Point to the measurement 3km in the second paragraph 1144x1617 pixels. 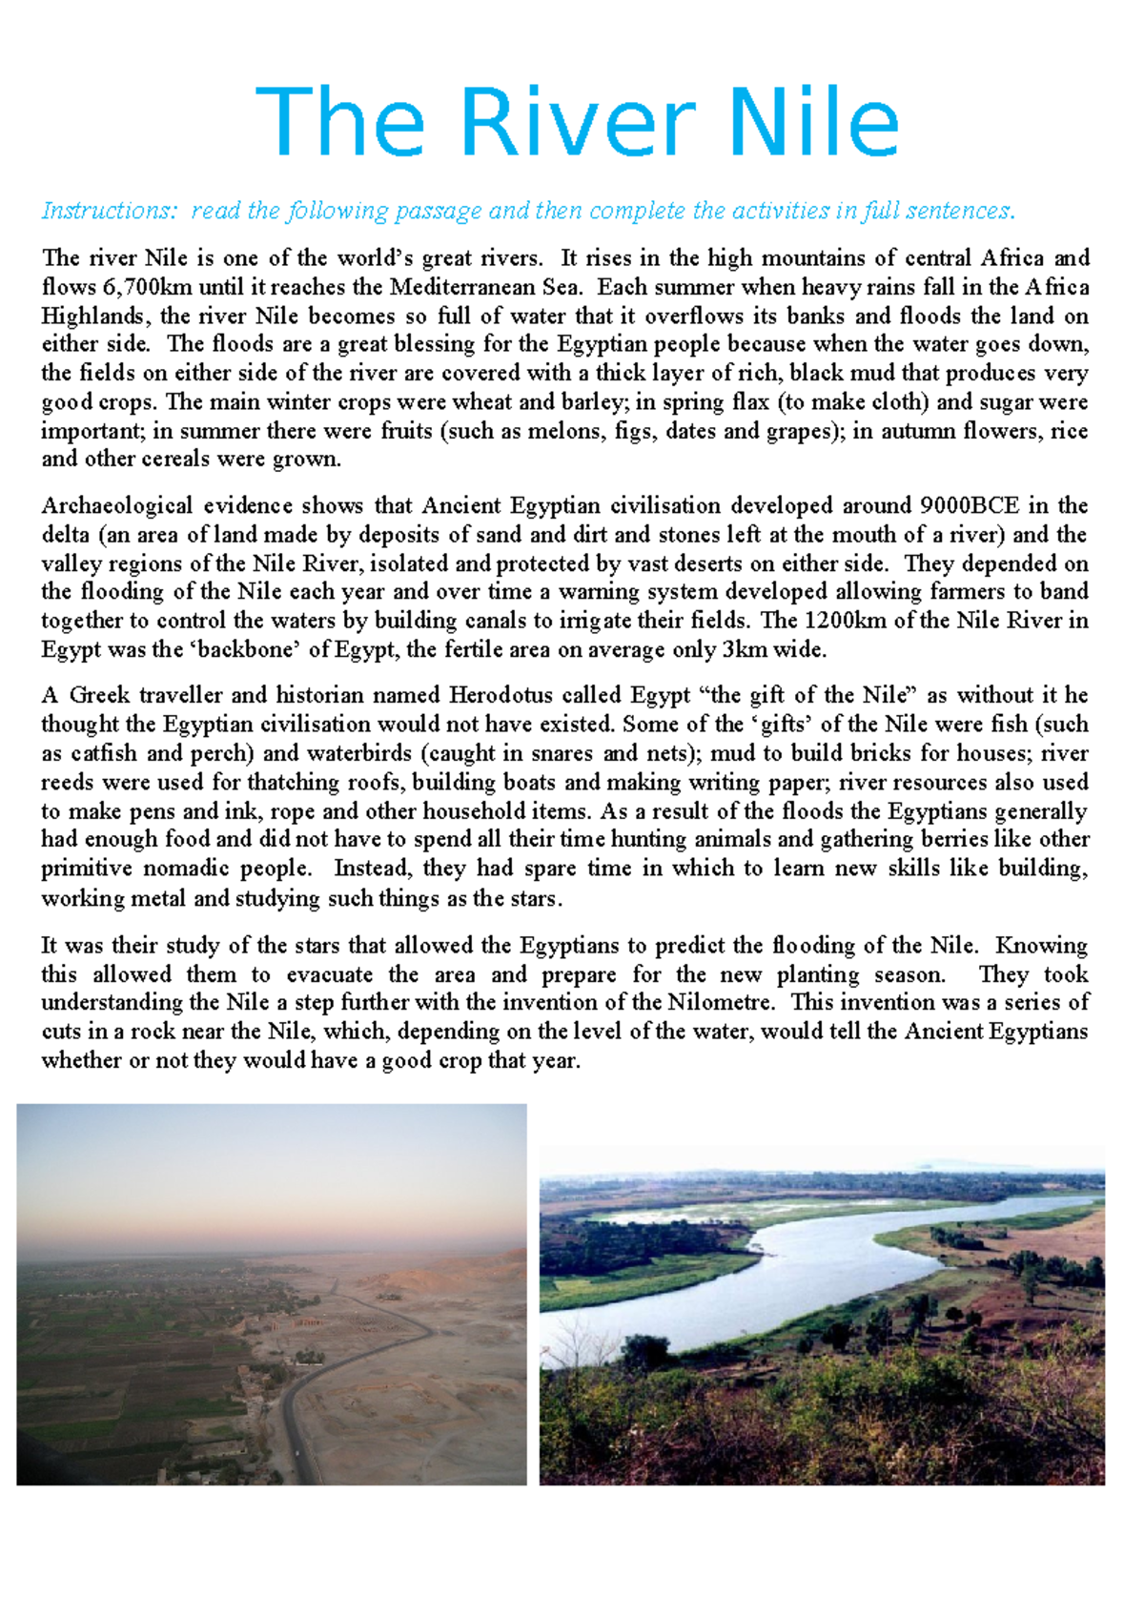click(742, 649)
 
